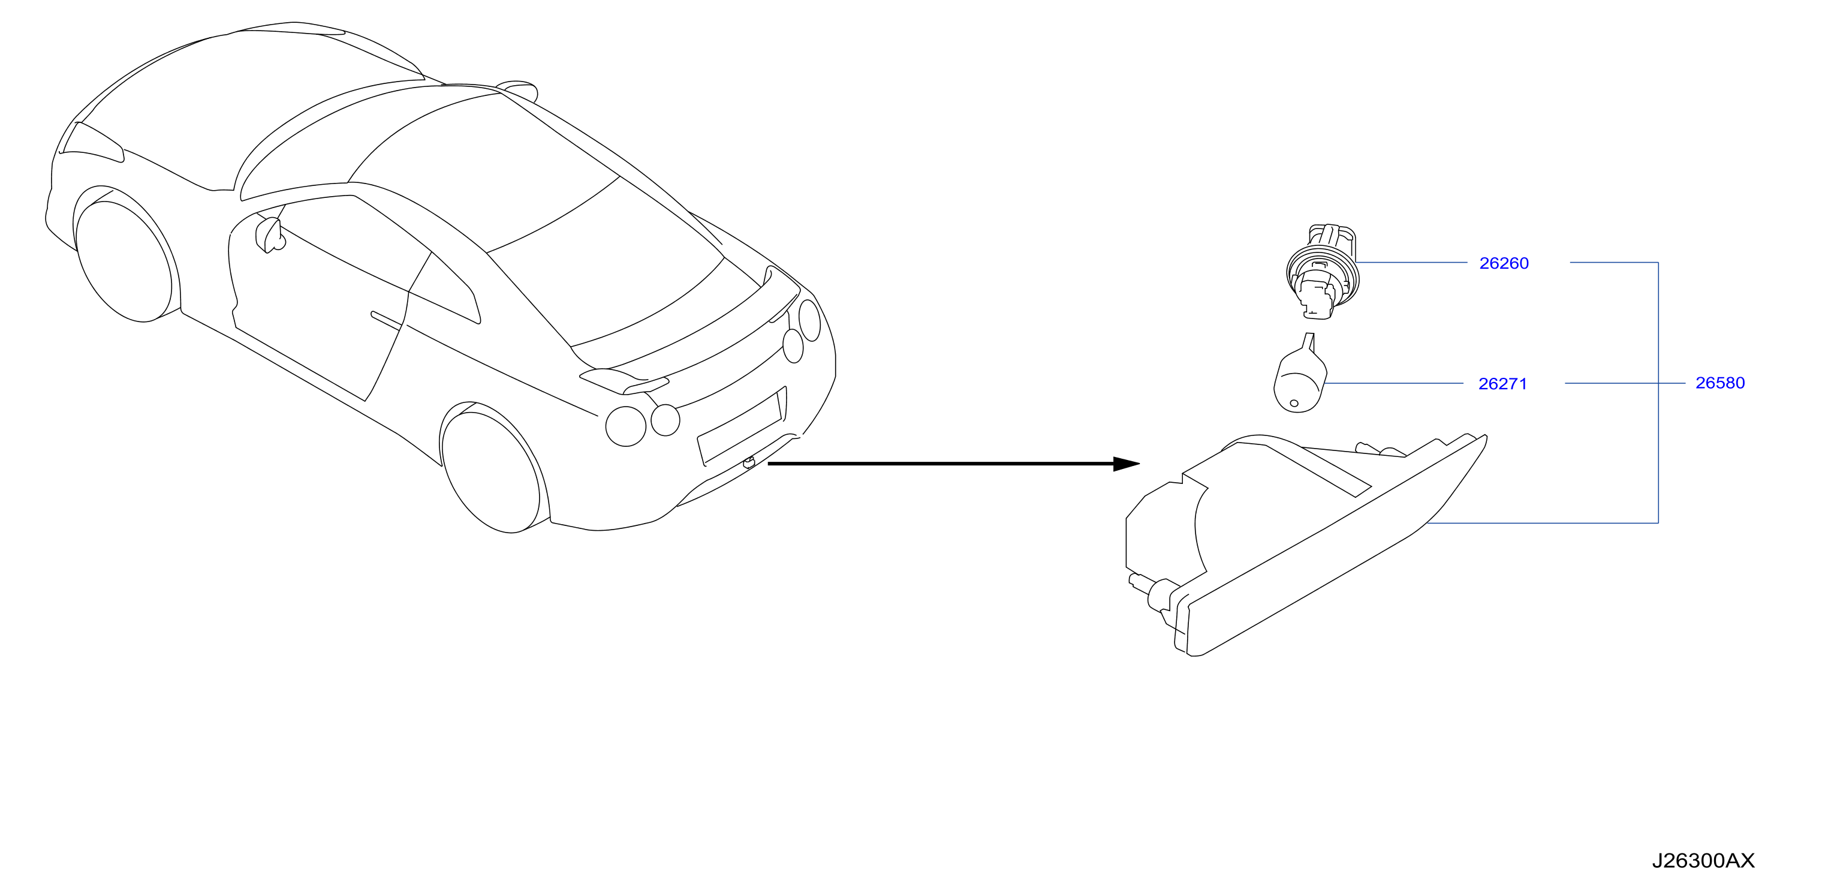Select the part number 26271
[1502, 383]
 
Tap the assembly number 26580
[1719, 383]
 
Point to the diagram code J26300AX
[1703, 861]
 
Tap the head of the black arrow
[1127, 464]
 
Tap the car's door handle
[387, 320]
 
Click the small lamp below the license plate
[749, 463]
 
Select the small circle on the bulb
[1294, 403]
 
